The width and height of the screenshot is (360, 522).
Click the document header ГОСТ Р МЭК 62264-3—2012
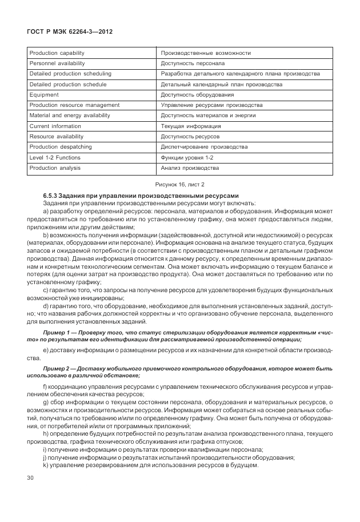[x=70, y=32]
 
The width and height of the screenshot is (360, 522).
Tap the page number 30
[x=31, y=477]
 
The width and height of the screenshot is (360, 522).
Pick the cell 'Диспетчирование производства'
[x=204, y=147]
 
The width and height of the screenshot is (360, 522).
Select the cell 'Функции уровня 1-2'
[x=187, y=157]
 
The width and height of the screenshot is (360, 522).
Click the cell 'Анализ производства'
[x=190, y=168]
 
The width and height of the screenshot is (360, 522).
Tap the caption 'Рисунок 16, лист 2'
[x=180, y=184]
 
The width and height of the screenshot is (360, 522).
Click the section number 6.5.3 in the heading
[x=50, y=196]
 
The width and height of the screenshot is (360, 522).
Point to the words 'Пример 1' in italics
[x=56, y=332]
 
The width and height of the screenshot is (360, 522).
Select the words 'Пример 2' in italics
[x=56, y=369]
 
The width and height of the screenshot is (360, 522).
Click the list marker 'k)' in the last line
[x=45, y=465]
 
